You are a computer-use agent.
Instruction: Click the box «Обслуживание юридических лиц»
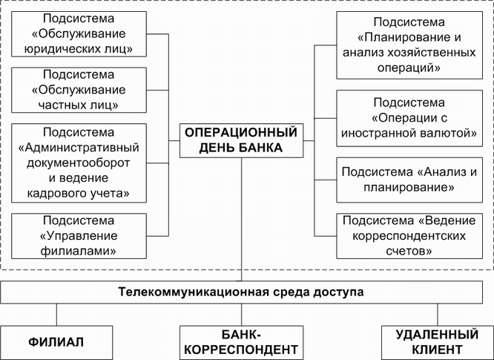79,34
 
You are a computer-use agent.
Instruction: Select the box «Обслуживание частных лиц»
79,90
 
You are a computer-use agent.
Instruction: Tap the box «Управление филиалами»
79,236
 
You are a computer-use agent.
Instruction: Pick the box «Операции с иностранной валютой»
409,118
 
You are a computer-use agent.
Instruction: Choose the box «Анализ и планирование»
409,180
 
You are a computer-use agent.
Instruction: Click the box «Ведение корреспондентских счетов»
409,236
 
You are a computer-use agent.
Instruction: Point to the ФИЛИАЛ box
56,343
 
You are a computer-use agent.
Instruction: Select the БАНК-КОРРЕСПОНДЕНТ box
241,343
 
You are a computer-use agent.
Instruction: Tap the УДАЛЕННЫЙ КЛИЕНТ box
438,343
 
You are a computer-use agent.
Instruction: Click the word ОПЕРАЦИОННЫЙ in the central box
241,133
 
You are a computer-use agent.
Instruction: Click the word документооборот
79,163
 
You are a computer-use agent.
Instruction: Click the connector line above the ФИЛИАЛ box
56,315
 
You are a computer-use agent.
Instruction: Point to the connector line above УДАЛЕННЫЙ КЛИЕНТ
438,315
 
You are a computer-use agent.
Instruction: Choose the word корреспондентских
409,236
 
